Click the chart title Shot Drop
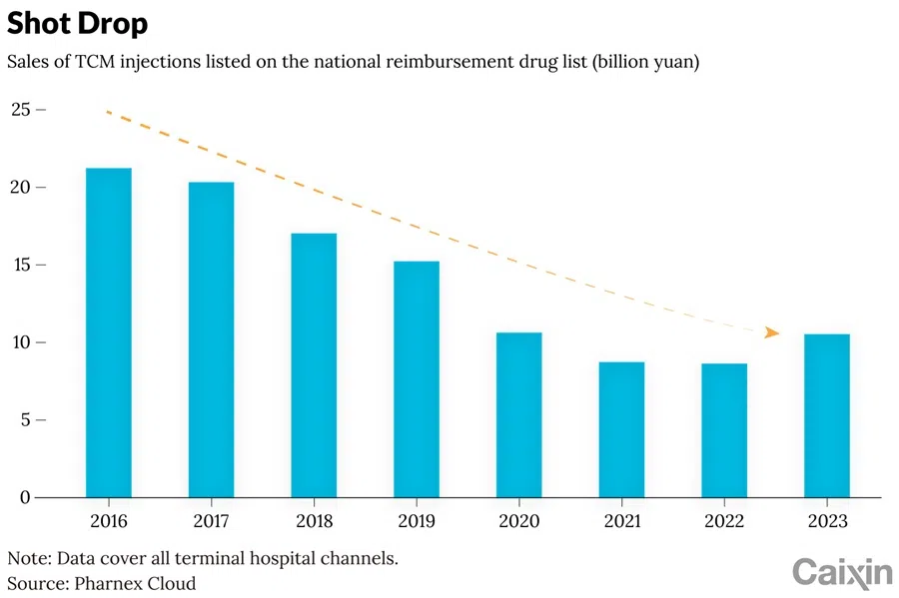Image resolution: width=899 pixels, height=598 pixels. click(77, 23)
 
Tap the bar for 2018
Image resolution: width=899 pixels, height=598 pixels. click(314, 365)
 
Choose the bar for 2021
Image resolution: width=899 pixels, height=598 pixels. click(621, 429)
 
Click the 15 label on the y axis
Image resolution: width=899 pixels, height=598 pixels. click(21, 265)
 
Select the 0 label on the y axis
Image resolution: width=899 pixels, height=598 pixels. click(26, 497)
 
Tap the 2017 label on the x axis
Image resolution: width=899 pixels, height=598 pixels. click(211, 522)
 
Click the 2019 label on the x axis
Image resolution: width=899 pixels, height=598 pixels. click(417, 522)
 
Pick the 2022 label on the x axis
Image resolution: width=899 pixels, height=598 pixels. click(724, 522)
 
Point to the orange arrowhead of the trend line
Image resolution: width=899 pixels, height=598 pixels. click(771, 332)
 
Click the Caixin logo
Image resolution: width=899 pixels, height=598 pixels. click(841, 572)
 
